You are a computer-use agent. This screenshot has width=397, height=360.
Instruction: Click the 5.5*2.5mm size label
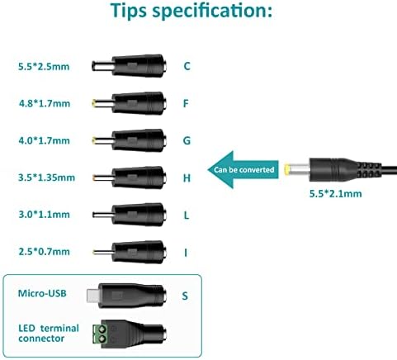pos(44,67)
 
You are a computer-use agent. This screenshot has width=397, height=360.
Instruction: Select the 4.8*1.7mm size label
pos(45,103)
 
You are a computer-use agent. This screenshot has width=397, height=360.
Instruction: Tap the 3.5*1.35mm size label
pos(46,178)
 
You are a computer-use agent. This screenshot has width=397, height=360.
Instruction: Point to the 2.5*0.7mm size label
pos(44,252)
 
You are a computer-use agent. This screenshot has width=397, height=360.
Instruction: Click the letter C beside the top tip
pos(187,66)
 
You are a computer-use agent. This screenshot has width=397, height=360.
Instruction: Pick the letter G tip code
pos(187,140)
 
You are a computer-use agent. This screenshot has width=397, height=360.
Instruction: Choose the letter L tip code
pos(187,215)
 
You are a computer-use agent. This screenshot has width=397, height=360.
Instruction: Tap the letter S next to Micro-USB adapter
pos(185,296)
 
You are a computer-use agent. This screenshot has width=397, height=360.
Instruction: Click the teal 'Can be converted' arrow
pos(243,169)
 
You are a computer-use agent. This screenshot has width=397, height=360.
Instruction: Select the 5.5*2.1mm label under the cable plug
pos(335,193)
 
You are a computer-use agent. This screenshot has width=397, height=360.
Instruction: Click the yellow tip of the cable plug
pos(287,169)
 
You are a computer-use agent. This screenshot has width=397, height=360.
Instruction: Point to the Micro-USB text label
pos(42,293)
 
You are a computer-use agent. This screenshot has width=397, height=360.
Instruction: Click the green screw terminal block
pos(100,334)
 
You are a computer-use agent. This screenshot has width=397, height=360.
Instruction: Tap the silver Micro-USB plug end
pos(92,296)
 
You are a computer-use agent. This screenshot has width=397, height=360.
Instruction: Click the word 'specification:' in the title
pos(212,11)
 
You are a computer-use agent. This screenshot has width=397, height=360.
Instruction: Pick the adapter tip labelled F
pos(130,103)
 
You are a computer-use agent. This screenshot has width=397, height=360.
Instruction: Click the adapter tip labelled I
pos(130,252)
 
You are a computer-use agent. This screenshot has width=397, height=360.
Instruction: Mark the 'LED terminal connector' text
pos(49,333)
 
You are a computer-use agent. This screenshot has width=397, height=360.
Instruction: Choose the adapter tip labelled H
pos(130,178)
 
